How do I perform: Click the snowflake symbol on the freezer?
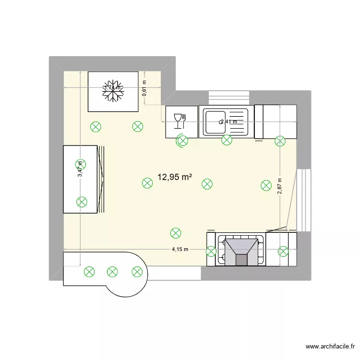113,91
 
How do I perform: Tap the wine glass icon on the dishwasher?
179,121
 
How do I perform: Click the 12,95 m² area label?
174,177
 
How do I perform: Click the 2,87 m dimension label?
279,186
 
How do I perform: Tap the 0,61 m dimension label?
144,88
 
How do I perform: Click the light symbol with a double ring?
182,141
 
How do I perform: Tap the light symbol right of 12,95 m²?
207,183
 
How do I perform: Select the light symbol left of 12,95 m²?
147,183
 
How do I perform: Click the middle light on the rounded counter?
112,272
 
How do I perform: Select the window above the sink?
229,97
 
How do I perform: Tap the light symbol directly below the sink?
227,140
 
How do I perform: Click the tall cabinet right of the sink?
276,121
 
